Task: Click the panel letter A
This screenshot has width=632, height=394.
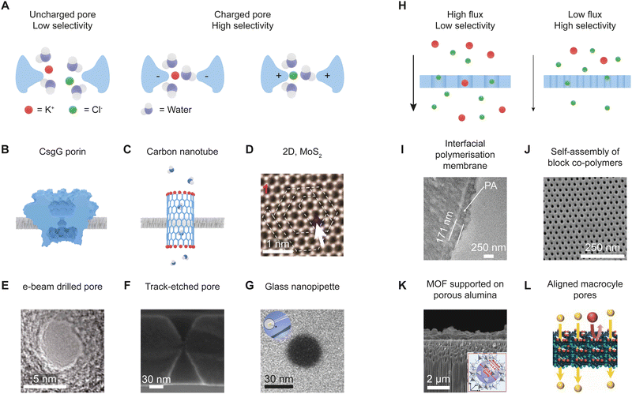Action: (x=6, y=7)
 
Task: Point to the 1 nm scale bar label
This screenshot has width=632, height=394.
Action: (x=278, y=246)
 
